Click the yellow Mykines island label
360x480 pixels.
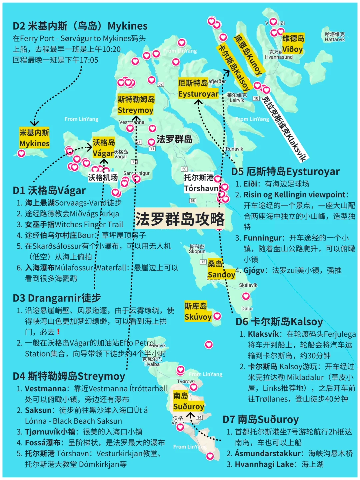point(34,138)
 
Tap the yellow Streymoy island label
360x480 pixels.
point(136,105)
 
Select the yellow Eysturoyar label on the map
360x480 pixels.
point(198,89)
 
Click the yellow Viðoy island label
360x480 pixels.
point(293,44)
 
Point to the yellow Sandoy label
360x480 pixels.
point(221,270)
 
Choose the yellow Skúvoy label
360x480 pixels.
point(198,311)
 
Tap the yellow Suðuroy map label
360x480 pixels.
point(188,401)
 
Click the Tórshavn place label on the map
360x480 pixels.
point(201,183)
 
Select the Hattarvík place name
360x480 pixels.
point(335,37)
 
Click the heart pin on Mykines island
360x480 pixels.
point(21,153)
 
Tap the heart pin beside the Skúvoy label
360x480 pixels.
point(217,316)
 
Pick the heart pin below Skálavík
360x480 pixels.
point(246,296)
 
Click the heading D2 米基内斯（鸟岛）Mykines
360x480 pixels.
point(80,26)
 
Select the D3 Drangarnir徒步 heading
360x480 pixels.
point(57,298)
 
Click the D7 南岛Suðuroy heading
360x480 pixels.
point(260,419)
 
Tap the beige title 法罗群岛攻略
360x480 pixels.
point(180,219)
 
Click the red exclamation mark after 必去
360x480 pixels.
point(58,332)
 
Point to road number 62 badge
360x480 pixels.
point(161,84)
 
